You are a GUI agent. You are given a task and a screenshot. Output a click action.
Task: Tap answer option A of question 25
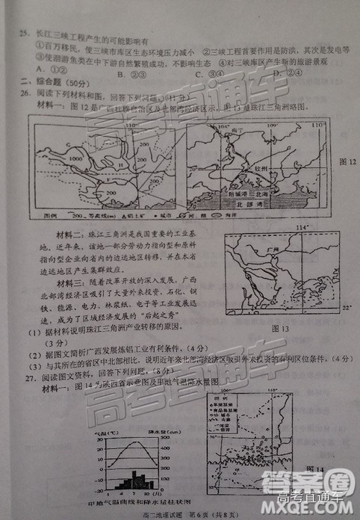[38, 72]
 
